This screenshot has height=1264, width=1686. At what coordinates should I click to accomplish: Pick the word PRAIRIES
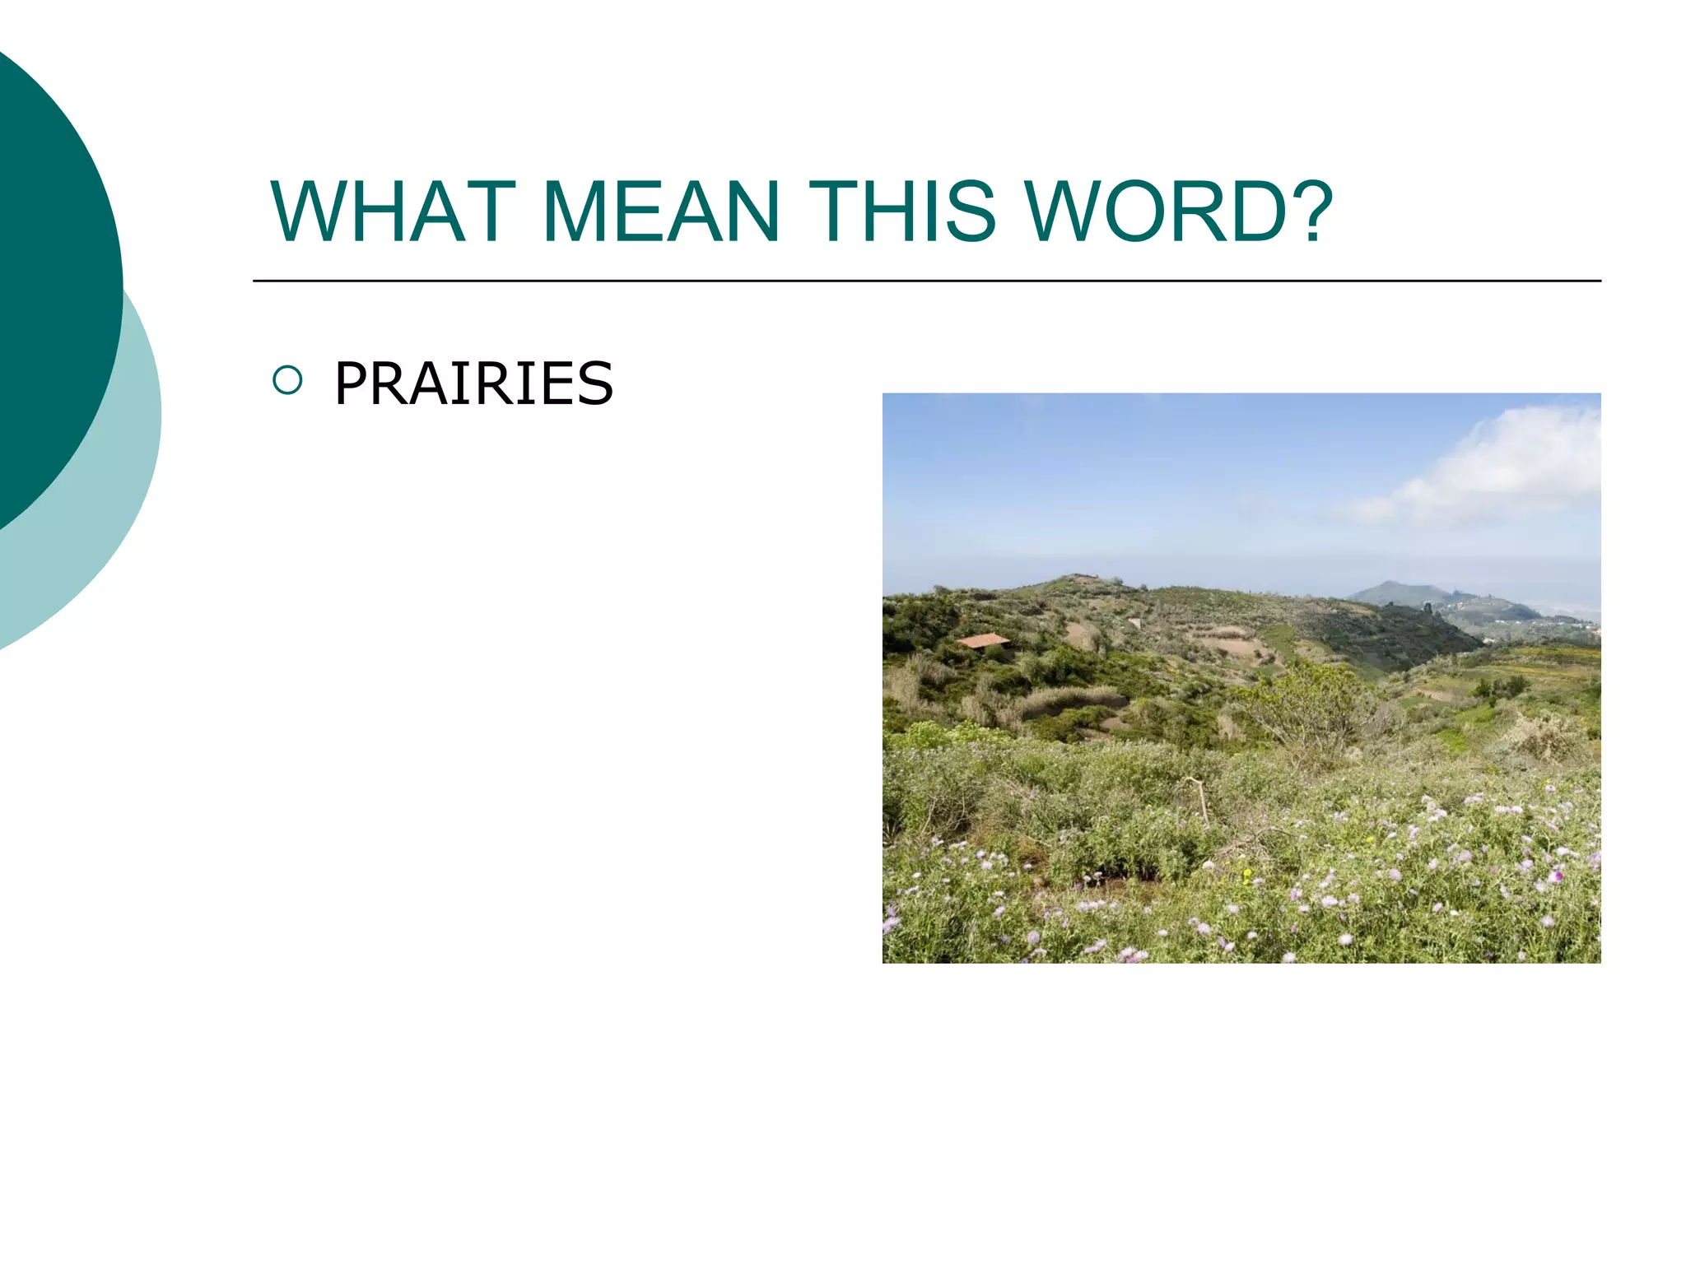pyautogui.click(x=473, y=383)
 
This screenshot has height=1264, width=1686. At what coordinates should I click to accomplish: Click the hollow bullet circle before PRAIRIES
pyautogui.click(x=287, y=380)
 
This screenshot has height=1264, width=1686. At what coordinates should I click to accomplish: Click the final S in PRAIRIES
pyautogui.click(x=595, y=383)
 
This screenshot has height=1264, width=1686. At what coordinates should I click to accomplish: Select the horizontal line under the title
pyautogui.click(x=926, y=281)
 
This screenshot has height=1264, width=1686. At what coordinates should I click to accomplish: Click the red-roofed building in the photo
pyautogui.click(x=983, y=640)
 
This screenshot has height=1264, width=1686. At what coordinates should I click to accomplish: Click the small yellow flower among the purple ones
pyautogui.click(x=1248, y=874)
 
